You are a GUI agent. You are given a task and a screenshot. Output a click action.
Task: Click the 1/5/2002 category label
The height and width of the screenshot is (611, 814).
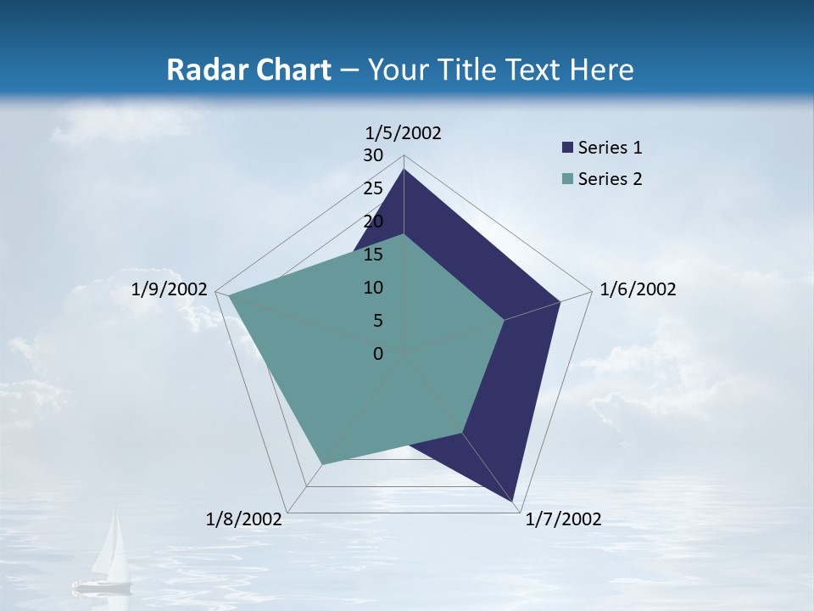[x=403, y=132]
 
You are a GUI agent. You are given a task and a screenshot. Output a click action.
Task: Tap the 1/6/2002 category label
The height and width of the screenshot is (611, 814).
[x=638, y=289]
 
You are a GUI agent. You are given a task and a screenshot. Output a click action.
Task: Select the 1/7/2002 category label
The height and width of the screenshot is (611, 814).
[x=563, y=519]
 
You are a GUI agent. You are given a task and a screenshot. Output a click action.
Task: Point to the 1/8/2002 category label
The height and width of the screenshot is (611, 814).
[x=244, y=519]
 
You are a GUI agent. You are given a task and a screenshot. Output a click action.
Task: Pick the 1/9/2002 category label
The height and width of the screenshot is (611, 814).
[x=170, y=289]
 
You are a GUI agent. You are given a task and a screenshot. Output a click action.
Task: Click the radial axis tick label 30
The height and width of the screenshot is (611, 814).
[x=373, y=155]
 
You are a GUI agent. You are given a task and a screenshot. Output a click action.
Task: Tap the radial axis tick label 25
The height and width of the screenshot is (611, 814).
[x=373, y=188]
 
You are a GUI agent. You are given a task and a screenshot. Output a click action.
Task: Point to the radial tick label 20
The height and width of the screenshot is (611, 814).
[x=373, y=221]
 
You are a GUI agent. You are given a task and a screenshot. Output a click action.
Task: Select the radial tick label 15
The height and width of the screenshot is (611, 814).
[x=373, y=255]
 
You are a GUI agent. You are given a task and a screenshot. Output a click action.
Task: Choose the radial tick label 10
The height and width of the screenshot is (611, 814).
[x=373, y=288]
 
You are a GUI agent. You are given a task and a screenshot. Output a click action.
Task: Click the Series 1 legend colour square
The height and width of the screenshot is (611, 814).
[x=567, y=148]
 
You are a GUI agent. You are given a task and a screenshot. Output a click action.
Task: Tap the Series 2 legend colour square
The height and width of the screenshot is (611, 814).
[x=567, y=179]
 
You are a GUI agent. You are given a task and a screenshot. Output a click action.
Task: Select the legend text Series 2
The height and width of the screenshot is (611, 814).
[x=610, y=179]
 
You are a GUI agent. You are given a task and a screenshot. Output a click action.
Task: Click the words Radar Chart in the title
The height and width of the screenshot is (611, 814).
[x=248, y=70]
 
